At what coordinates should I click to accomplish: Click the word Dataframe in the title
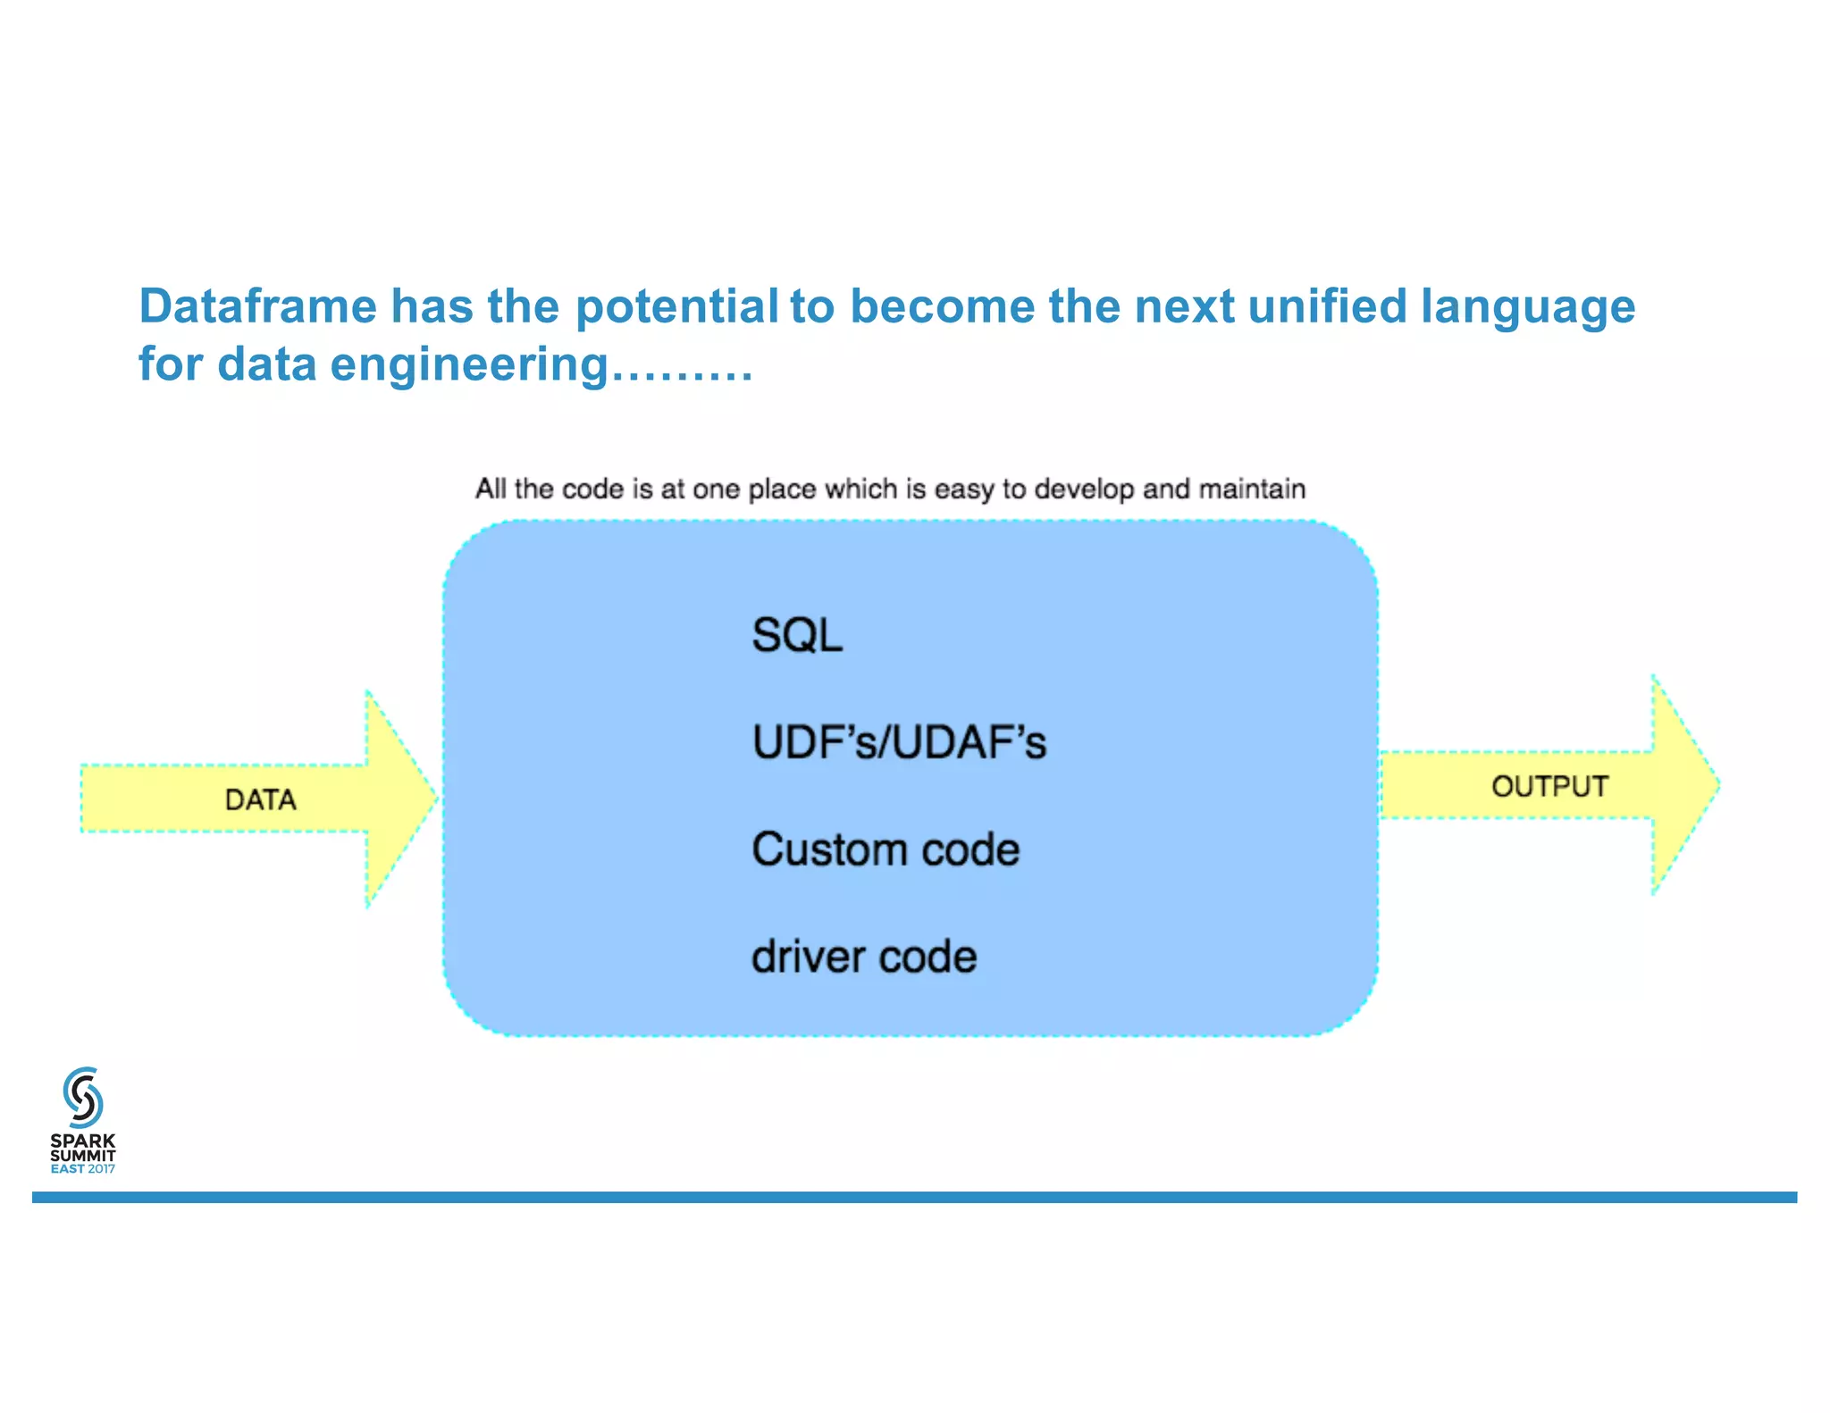tap(257, 306)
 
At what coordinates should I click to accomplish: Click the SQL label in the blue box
tap(797, 636)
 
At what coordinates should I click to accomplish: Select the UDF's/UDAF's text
tap(899, 743)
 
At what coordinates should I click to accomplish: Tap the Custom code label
tap(886, 849)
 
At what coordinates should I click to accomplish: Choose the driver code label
tap(864, 957)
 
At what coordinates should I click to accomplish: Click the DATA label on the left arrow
tap(260, 800)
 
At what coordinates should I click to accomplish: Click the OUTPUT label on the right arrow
tap(1549, 787)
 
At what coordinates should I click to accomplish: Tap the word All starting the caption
tap(491, 489)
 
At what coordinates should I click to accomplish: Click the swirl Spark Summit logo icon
tap(83, 1097)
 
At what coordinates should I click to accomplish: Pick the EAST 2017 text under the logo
tap(83, 1169)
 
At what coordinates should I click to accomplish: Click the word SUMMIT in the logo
tap(83, 1155)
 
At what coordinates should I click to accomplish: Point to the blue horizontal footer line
tap(914, 1197)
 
